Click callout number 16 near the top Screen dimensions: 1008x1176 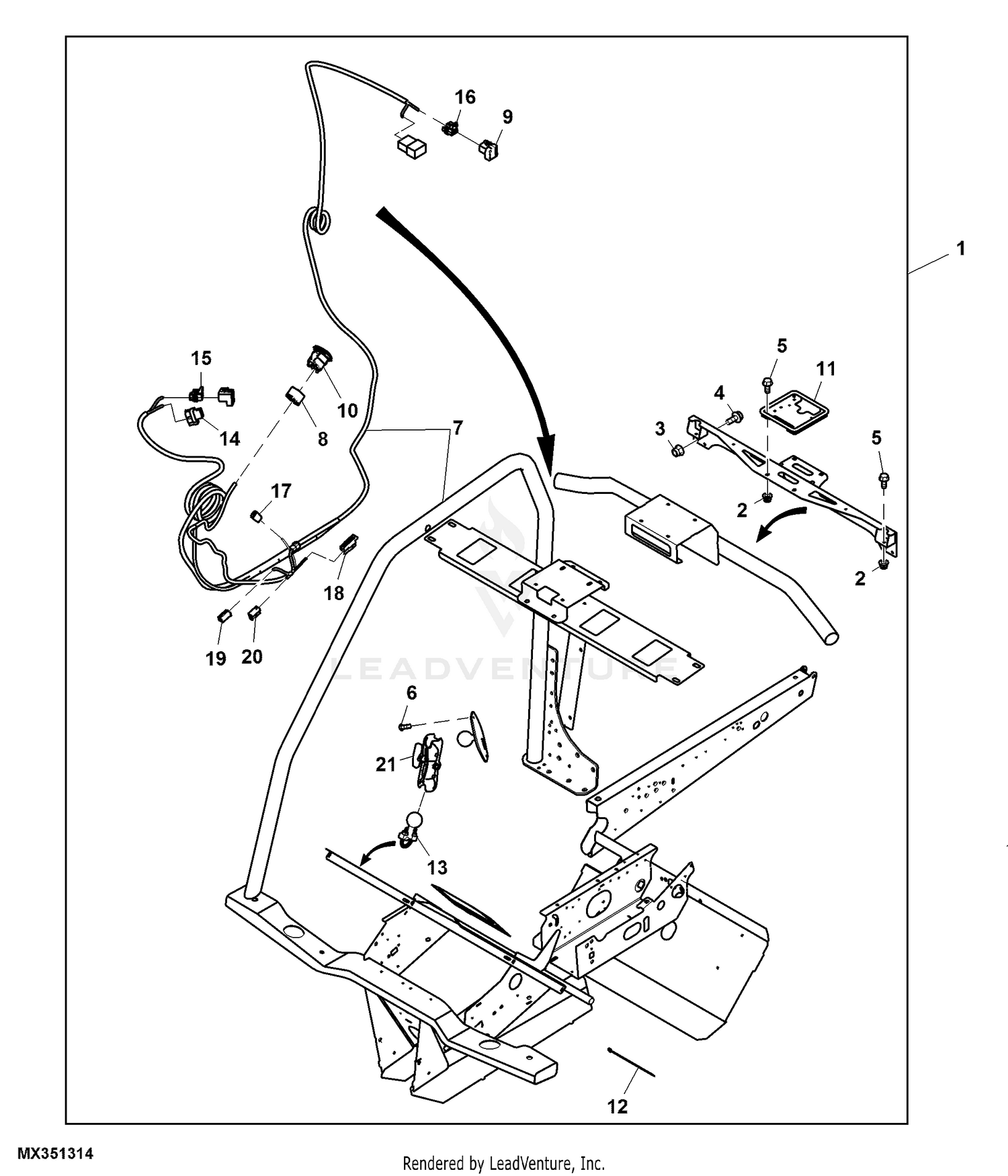[464, 97]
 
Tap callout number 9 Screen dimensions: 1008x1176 [507, 117]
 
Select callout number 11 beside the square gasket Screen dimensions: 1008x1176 [826, 368]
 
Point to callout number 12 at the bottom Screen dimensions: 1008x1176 [617, 1106]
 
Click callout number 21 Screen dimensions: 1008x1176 [386, 764]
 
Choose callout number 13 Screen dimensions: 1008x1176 [437, 868]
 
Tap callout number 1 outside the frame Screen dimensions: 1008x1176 [961, 249]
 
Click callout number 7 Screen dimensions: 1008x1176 [457, 427]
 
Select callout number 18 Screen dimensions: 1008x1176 [334, 593]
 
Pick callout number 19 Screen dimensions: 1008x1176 [216, 659]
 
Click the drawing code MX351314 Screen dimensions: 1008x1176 [55, 1154]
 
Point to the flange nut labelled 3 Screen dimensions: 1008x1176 [677, 450]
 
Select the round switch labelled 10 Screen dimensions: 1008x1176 [319, 358]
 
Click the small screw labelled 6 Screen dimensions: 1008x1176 [404, 726]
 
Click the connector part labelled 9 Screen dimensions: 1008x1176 [490, 151]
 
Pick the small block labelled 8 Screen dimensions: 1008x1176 [296, 396]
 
